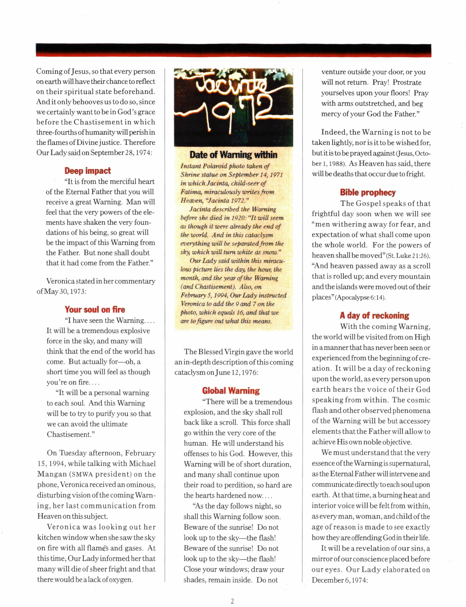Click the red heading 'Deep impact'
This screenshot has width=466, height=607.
pyautogui.click(x=87, y=171)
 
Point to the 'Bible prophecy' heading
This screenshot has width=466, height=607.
pyautogui.click(x=367, y=192)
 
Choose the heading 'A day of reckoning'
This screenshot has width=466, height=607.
pyautogui.click(x=374, y=315)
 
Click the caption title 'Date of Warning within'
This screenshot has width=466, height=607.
pyautogui.click(x=233, y=154)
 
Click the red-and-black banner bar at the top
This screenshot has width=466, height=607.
pyautogui.click(x=233, y=50)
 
